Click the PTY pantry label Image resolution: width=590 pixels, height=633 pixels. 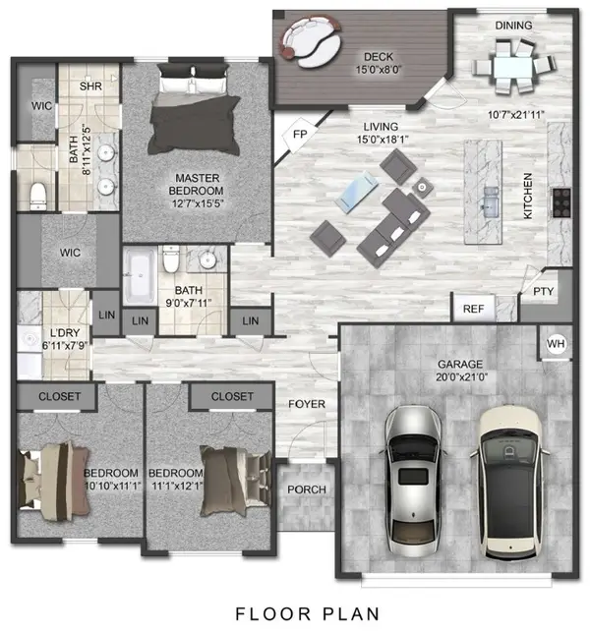pyautogui.click(x=543, y=292)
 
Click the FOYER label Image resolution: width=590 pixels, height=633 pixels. pyautogui.click(x=306, y=404)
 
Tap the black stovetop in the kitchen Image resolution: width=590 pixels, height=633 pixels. pyautogui.click(x=561, y=202)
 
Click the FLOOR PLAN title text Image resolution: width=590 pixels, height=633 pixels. pyautogui.click(x=295, y=613)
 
